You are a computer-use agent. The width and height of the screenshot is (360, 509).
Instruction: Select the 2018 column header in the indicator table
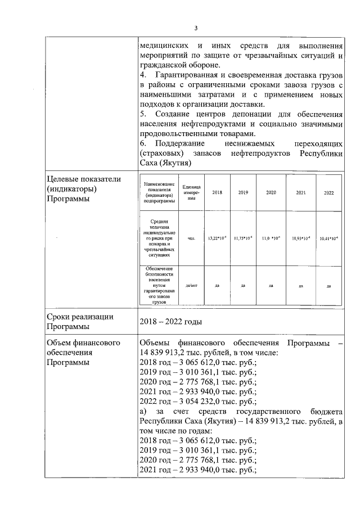pyautogui.click(x=217, y=192)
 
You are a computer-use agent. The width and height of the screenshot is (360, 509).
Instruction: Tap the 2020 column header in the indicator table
pyautogui.click(x=271, y=192)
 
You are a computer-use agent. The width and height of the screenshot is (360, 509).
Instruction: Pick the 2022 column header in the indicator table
pyautogui.click(x=328, y=192)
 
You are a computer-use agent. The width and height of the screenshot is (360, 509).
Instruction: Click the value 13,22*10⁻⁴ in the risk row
pyautogui.click(x=217, y=238)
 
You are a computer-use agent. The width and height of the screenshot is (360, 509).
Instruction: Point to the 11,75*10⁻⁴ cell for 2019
pyautogui.click(x=243, y=238)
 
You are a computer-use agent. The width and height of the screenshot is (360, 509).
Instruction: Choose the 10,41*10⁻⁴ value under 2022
pyautogui.click(x=328, y=238)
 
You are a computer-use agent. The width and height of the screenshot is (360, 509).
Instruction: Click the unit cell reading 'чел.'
pyautogui.click(x=191, y=238)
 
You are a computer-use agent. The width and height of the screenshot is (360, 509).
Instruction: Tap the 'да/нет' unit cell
pyautogui.click(x=191, y=285)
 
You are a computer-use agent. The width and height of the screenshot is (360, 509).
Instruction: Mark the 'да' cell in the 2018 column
pyautogui.click(x=217, y=285)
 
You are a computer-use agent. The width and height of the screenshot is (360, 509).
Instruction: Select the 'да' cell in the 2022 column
pyautogui.click(x=328, y=285)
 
